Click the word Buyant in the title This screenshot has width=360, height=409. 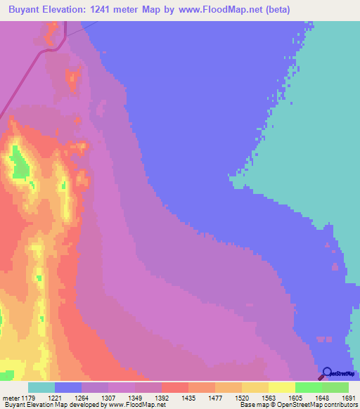click(x=22, y=9)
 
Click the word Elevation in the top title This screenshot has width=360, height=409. click(x=68, y=9)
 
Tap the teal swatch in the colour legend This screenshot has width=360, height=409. click(x=41, y=387)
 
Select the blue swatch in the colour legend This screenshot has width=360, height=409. click(x=68, y=387)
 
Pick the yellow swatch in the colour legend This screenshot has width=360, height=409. click(x=282, y=387)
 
